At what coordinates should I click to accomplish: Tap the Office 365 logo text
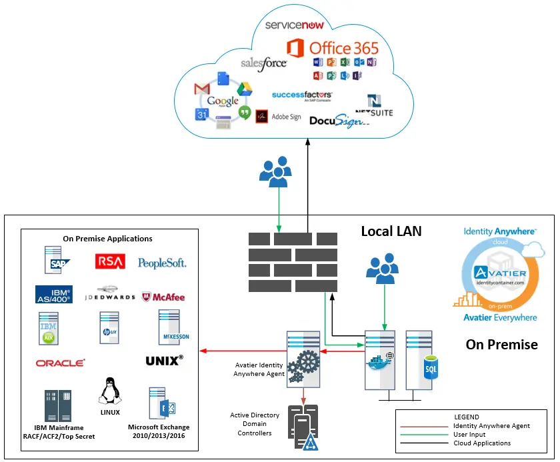coord(343,48)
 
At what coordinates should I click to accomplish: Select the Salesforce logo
coord(263,63)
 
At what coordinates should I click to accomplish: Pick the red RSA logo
coord(110,262)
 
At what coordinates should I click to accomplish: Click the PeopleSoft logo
coord(162,263)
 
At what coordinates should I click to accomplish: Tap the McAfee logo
coord(163,297)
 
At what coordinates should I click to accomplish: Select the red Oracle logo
coord(61,363)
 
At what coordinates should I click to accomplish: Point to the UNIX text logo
coord(164,361)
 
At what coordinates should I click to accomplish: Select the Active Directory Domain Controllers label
coord(255,424)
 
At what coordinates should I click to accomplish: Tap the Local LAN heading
coord(391,231)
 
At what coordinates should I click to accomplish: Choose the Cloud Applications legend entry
coord(481,443)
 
